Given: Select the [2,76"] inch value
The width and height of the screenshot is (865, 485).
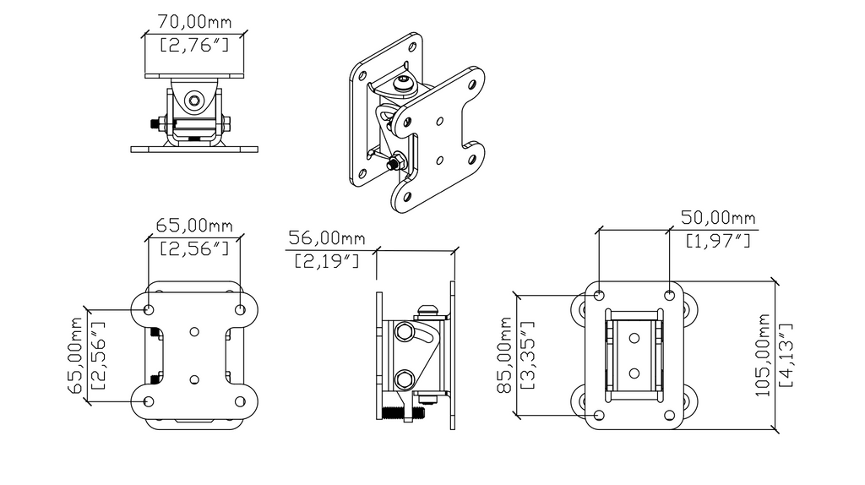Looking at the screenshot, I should [195, 42].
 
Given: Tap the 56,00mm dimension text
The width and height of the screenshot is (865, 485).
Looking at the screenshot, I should [325, 237].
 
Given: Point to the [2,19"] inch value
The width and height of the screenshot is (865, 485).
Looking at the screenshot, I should [326, 262].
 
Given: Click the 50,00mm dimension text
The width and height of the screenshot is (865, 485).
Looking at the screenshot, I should [719, 218].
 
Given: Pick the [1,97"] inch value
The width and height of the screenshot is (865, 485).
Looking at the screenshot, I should [718, 242].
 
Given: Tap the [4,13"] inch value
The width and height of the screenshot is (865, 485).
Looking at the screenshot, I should [786, 354].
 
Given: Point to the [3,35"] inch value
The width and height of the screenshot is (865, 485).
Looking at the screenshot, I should [529, 355].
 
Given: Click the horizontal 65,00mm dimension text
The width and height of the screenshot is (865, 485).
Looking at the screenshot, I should [194, 225].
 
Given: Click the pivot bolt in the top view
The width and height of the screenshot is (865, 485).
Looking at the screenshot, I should [195, 101].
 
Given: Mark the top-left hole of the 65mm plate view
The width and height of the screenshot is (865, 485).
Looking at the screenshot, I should [150, 310].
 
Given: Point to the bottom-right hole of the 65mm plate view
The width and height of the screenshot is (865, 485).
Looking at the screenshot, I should [239, 401].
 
